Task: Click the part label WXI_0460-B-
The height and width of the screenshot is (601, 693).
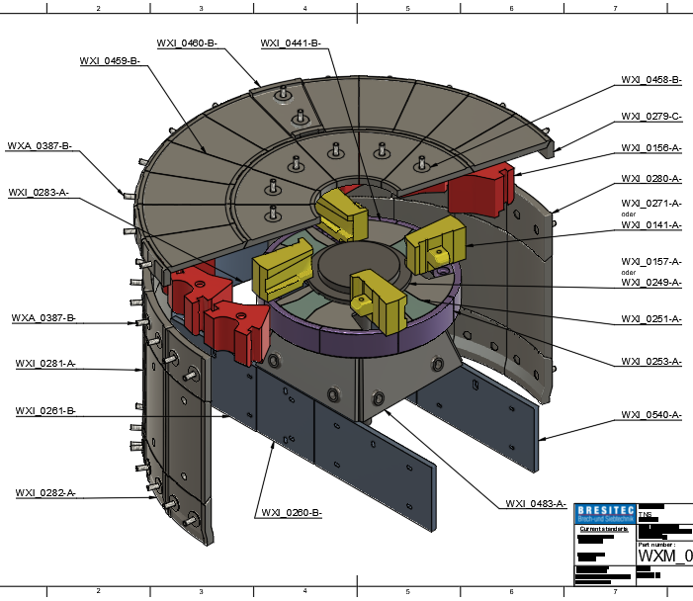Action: point(186,43)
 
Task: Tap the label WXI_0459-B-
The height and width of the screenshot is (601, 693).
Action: point(109,61)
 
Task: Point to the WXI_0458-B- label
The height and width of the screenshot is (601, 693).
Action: point(651,80)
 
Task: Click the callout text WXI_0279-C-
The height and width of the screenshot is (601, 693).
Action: point(651,117)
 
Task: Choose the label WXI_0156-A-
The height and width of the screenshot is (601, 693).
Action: point(651,147)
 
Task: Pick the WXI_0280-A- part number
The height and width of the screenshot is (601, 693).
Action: point(651,179)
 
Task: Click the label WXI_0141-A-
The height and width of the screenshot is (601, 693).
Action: point(651,225)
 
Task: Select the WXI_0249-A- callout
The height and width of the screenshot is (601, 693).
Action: point(651,283)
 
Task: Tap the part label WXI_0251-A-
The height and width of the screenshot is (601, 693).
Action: point(651,319)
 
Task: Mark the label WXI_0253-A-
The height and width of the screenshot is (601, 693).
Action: point(651,362)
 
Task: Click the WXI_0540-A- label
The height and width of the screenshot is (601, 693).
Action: point(651,415)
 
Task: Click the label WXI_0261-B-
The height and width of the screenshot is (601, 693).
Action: point(45,410)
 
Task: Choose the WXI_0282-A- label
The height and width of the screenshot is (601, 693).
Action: point(45,492)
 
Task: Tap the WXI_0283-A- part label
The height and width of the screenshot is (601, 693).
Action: point(39,193)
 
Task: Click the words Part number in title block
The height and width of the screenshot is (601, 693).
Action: point(656,544)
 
